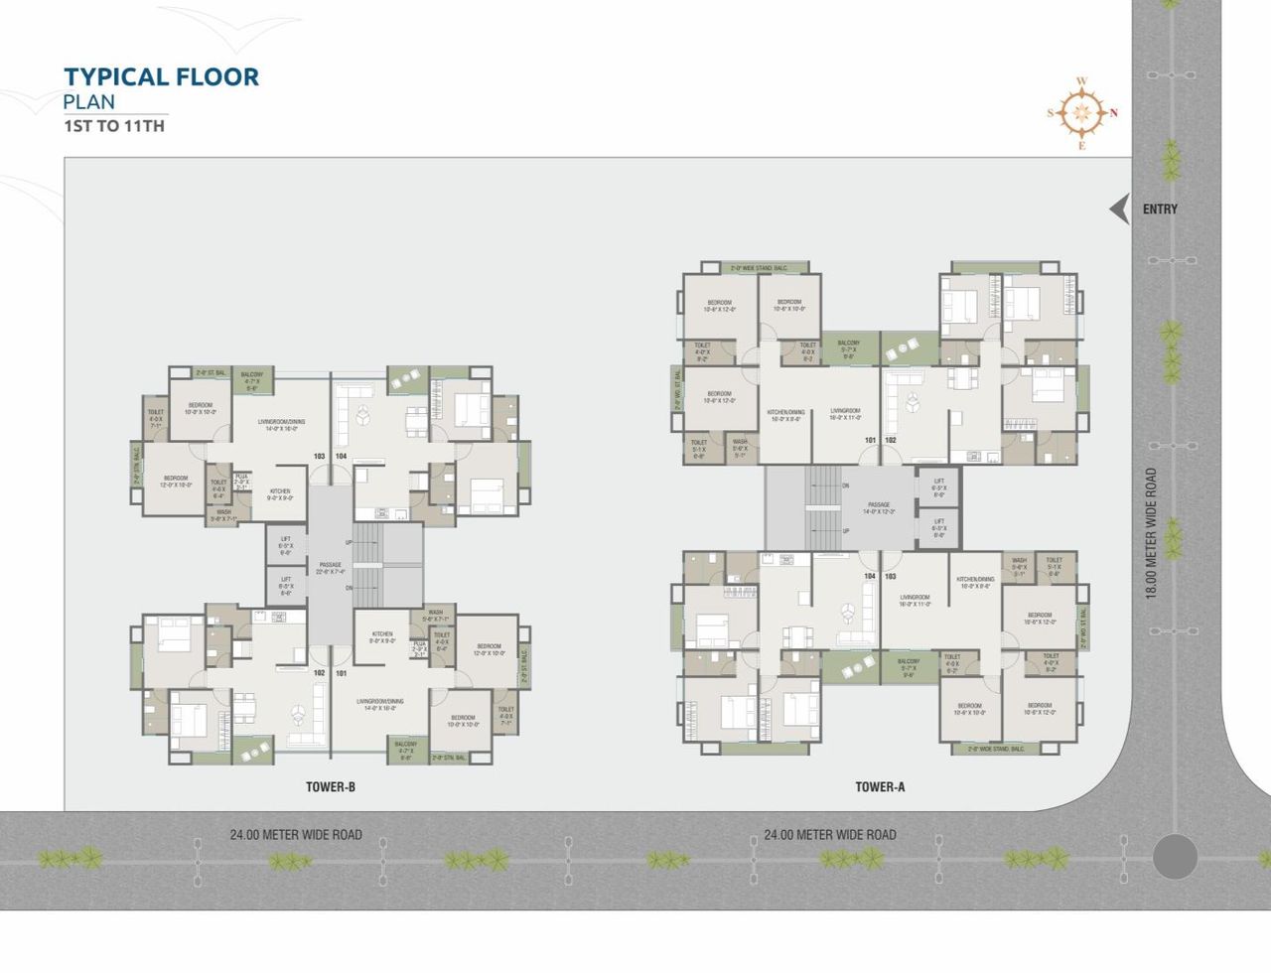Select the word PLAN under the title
click(89, 101)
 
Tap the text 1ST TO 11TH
click(114, 126)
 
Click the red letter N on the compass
click(1114, 112)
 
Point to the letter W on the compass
click(1082, 81)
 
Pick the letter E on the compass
click(1082, 146)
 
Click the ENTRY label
click(1160, 208)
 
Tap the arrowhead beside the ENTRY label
click(1120, 208)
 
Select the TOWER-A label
click(880, 787)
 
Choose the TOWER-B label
click(331, 787)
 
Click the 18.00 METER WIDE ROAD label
click(1151, 533)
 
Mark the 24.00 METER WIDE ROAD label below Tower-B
click(296, 835)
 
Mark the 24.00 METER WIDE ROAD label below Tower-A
click(830, 835)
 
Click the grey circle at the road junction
click(1175, 856)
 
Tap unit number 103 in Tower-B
click(319, 457)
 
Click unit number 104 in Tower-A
click(870, 576)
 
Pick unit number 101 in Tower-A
click(870, 440)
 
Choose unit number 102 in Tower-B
click(319, 673)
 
